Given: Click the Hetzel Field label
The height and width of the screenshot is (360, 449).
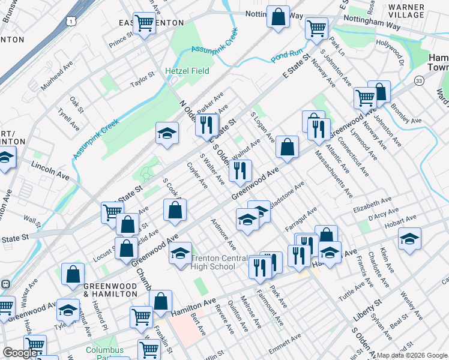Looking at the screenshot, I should [187, 71].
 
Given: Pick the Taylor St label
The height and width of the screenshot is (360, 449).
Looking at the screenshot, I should [143, 80].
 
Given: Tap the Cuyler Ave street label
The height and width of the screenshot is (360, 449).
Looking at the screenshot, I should [197, 175].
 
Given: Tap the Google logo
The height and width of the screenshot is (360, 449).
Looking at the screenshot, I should [20, 353].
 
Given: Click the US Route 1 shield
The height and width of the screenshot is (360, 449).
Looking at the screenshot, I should [71, 21].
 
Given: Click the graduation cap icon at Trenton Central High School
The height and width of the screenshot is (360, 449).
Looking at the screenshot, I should [180, 253].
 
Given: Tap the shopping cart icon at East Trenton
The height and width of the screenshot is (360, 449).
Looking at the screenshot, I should [144, 23].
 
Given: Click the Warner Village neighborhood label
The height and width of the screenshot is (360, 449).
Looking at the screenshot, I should [406, 11].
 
